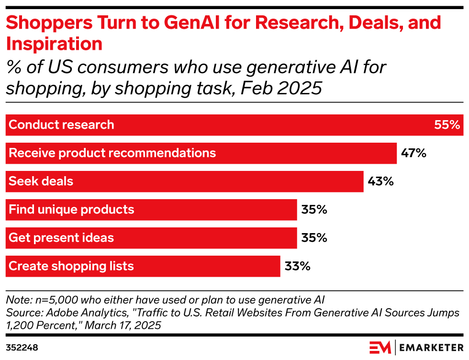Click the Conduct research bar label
pos(61,125)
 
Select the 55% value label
pos(447,125)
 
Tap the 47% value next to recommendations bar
pos(413,153)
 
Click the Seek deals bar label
pos(41,181)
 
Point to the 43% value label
pos(380,181)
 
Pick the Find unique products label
pos(71,210)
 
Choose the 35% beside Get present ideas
pos(314,238)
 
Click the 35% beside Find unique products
pos(314,210)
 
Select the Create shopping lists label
pos(71,266)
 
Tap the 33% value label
pos(297,266)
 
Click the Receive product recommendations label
pos(112,153)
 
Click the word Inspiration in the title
pos(54,44)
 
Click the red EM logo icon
pos(380,347)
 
